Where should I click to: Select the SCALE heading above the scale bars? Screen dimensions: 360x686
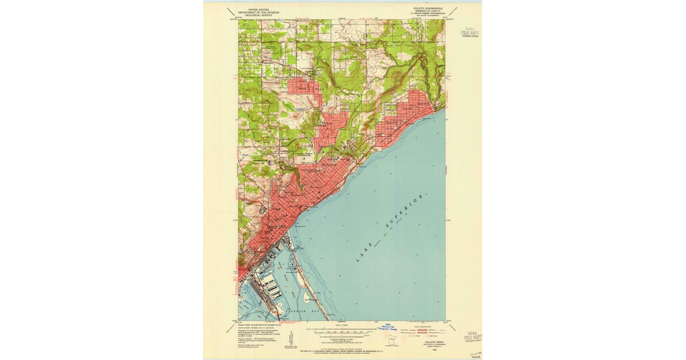340,325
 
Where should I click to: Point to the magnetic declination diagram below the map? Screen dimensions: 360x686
293,336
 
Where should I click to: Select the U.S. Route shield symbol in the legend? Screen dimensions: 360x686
423,335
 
